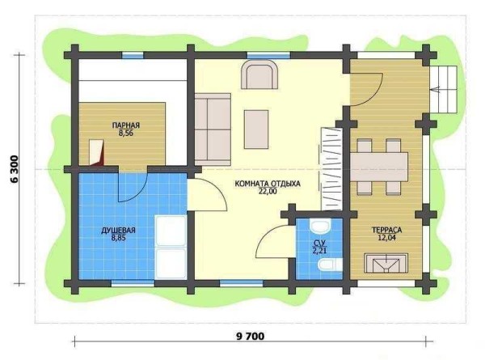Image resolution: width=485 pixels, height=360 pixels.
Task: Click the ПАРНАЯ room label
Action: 126,125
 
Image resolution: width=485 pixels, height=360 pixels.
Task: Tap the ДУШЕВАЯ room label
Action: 119,231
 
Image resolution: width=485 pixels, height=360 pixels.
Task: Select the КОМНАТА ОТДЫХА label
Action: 268,184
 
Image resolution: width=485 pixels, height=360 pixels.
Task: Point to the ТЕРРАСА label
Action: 386,231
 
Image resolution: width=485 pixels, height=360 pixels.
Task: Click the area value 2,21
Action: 319,251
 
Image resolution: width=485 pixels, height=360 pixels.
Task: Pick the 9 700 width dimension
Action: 251,337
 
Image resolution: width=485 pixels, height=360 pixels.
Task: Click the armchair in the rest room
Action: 259,74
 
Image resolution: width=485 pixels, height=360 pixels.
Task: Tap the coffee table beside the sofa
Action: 256,129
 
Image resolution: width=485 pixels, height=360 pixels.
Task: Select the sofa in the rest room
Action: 213,129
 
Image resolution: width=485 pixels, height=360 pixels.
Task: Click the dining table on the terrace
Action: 379,167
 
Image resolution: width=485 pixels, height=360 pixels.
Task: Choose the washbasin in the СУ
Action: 320,227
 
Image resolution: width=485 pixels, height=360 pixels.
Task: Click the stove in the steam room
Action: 96,152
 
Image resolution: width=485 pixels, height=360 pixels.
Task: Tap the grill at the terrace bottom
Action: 386,264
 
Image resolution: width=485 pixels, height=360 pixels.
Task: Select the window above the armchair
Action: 268,55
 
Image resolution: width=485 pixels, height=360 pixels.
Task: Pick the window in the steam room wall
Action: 133,55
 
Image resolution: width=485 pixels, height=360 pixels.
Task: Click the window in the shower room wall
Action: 133,283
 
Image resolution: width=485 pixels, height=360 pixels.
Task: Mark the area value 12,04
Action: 386,238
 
